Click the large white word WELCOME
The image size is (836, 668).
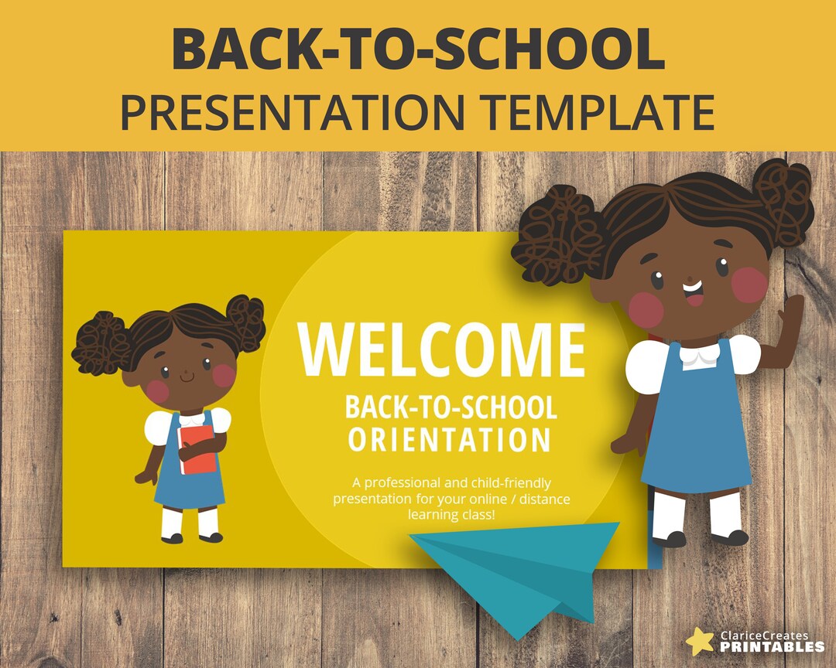tap(441, 349)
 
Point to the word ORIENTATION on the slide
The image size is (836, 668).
tap(449, 439)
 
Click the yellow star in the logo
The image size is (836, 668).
tap(700, 640)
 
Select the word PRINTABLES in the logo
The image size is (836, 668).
tap(772, 647)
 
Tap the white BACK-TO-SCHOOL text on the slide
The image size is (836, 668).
tap(451, 407)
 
